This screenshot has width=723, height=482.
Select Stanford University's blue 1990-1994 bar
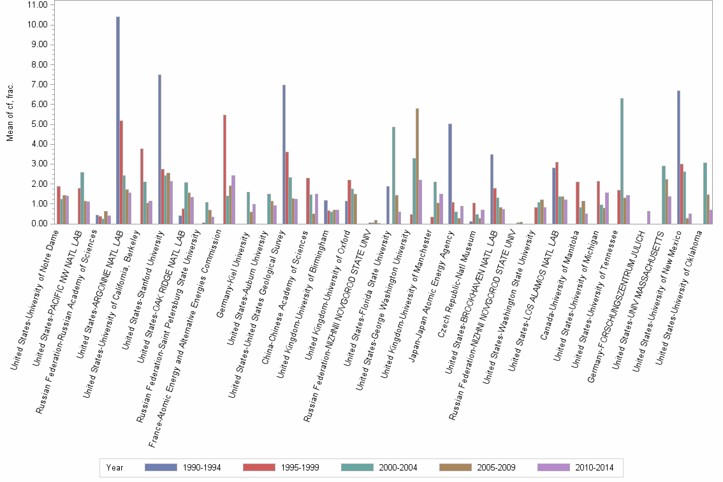(159, 149)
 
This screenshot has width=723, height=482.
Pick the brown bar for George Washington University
(417, 166)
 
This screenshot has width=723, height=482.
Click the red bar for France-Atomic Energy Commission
(224, 169)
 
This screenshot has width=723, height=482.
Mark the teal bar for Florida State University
(393, 175)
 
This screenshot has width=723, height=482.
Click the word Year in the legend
(115, 468)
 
